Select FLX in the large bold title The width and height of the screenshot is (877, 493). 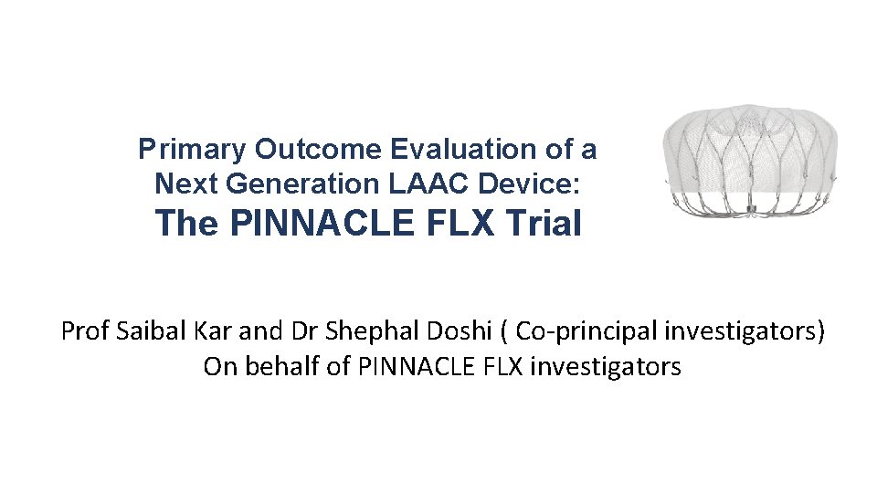click(x=453, y=223)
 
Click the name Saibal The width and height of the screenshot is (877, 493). click(x=147, y=330)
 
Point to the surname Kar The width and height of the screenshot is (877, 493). click(x=207, y=330)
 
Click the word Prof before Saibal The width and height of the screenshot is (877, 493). click(x=85, y=330)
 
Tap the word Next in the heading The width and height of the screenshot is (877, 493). click(x=186, y=184)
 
